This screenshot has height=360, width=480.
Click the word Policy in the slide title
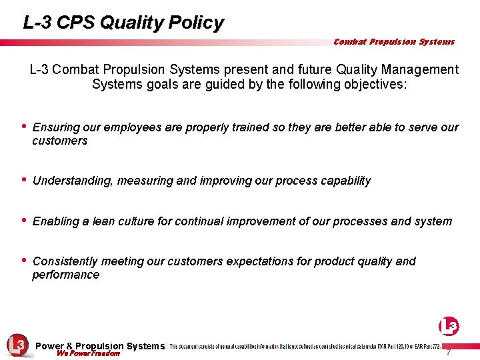click(x=197, y=23)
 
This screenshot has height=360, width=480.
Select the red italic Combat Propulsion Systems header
click(x=394, y=41)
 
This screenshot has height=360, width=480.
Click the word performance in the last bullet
click(x=65, y=275)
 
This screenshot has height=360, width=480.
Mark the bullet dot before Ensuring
click(x=24, y=126)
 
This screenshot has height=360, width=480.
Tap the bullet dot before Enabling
click(x=24, y=220)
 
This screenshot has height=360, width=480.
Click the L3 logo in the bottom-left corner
click(x=17, y=345)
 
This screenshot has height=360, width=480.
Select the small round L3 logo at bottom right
click(x=449, y=326)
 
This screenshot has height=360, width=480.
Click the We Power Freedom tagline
click(x=88, y=354)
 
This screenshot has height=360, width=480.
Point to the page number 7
click(x=449, y=351)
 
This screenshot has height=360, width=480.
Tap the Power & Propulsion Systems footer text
click(x=99, y=346)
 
